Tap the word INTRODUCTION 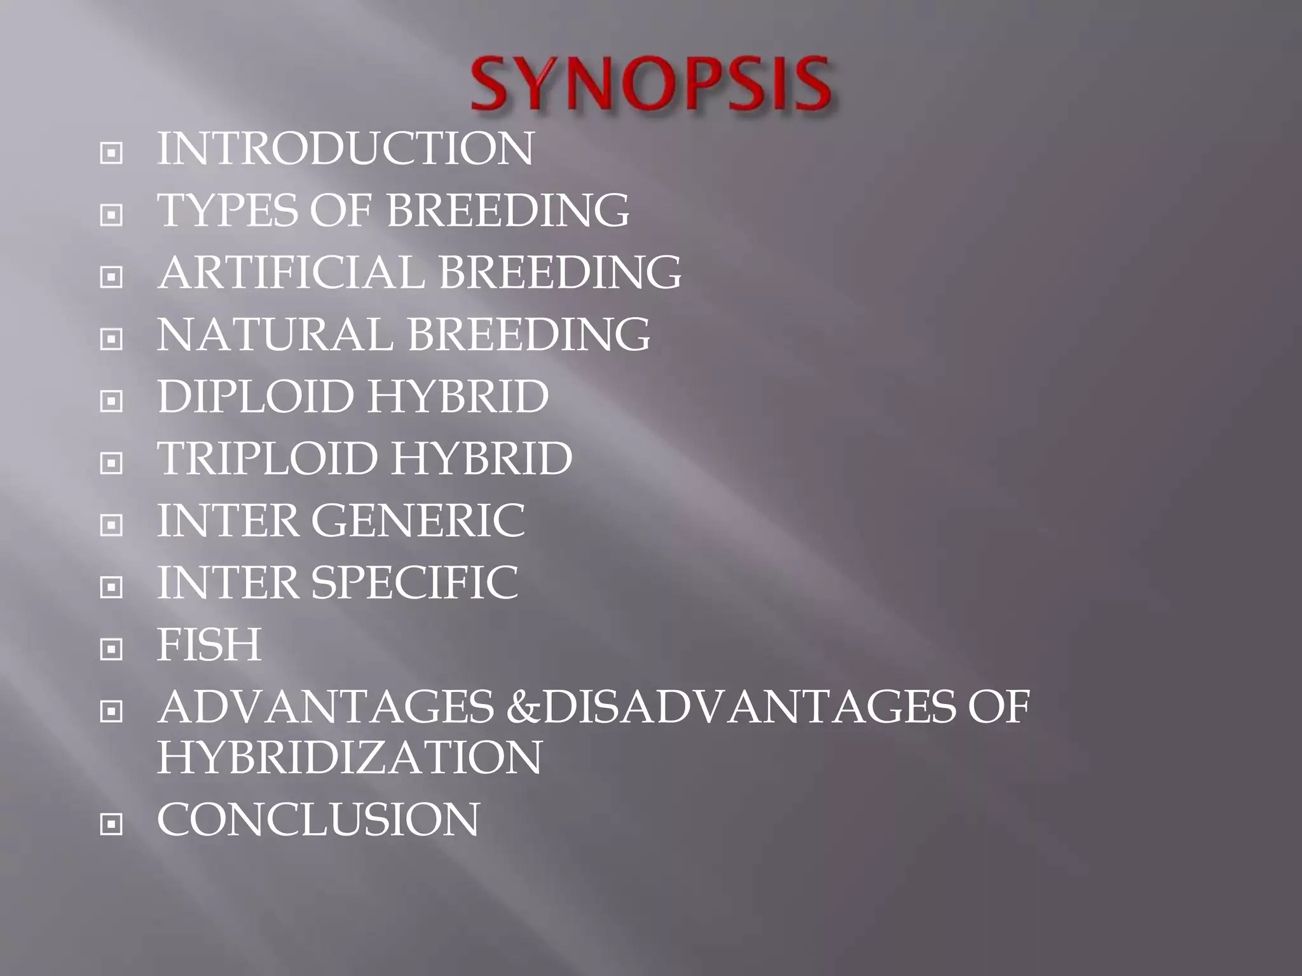point(345,149)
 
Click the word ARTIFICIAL point(291,272)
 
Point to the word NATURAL point(275,334)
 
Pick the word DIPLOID point(255,396)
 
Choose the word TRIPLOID point(267,458)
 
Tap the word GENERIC point(418,520)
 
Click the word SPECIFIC point(415,582)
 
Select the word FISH point(209,644)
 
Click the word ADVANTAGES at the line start point(325,707)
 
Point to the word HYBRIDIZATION point(349,757)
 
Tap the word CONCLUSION point(319,819)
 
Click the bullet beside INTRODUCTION point(111,153)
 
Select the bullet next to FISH point(111,649)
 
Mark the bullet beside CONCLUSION point(111,824)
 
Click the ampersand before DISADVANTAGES point(523,707)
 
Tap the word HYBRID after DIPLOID point(458,396)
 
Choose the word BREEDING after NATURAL point(529,334)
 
